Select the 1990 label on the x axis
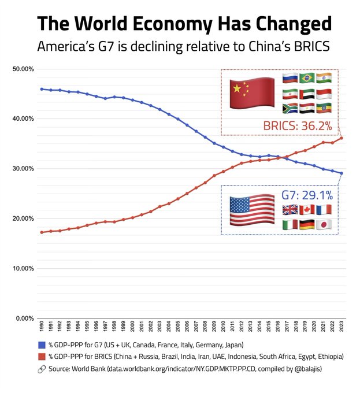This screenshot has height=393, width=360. [42, 328]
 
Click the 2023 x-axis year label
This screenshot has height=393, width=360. [342, 328]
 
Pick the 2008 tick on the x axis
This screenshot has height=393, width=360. [205, 328]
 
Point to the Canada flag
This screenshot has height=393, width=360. [307, 210]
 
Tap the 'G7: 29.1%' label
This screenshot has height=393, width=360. [306, 194]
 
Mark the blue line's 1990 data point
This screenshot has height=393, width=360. [42, 89]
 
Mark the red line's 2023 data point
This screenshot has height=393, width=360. [342, 138]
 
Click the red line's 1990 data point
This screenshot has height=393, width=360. [42, 232]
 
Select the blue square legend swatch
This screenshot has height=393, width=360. [43, 346]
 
